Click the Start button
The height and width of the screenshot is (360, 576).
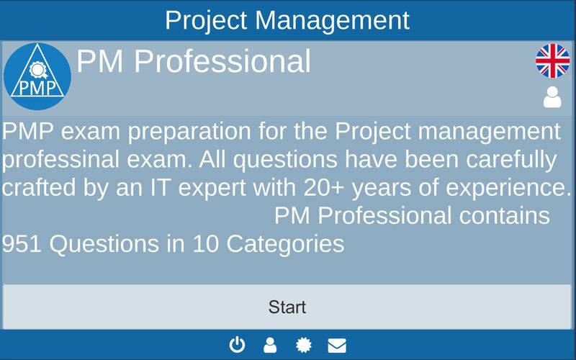click(x=287, y=307)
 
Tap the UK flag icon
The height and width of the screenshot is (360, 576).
click(x=552, y=61)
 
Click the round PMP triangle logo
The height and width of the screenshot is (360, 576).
click(x=37, y=76)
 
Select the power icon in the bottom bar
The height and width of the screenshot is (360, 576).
click(x=237, y=346)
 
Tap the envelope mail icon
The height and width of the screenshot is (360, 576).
click(x=337, y=346)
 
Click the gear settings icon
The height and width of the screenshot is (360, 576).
click(x=304, y=346)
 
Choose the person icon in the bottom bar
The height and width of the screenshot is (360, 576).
click(x=270, y=346)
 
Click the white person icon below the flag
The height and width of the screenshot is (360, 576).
click(x=552, y=97)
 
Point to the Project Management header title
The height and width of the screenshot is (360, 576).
click(x=287, y=20)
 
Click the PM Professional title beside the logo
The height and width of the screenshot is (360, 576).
click(x=194, y=61)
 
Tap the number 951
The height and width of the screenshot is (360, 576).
click(x=22, y=244)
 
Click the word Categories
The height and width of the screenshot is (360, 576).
click(x=285, y=244)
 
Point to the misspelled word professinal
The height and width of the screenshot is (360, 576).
click(x=60, y=160)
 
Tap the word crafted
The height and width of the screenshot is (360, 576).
click(x=39, y=188)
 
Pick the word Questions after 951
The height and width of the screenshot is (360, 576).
click(x=104, y=244)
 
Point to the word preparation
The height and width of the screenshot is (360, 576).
click(x=189, y=132)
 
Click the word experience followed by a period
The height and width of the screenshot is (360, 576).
click(x=508, y=188)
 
